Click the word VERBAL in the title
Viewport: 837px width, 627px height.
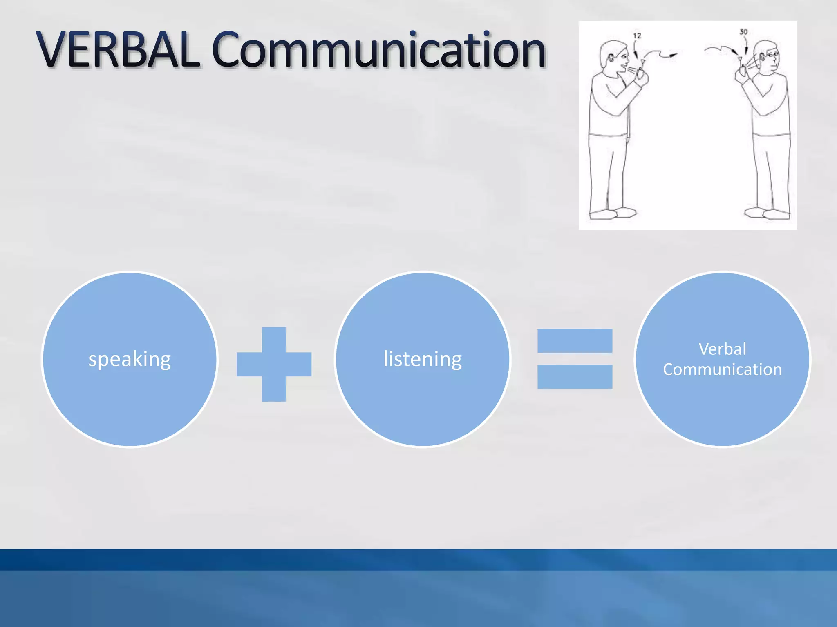119,50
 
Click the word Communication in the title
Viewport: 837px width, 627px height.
378,50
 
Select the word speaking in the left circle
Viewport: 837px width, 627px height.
130,359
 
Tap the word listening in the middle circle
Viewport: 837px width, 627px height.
423,359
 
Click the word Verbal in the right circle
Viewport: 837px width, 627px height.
722,349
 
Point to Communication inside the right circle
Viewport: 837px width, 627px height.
722,369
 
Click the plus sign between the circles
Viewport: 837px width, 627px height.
274,364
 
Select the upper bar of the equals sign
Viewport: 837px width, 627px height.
575,341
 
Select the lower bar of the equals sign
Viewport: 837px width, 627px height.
575,376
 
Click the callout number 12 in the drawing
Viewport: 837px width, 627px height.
637,36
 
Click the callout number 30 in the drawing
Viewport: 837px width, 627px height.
743,32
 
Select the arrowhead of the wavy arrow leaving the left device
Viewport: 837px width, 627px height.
673,54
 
